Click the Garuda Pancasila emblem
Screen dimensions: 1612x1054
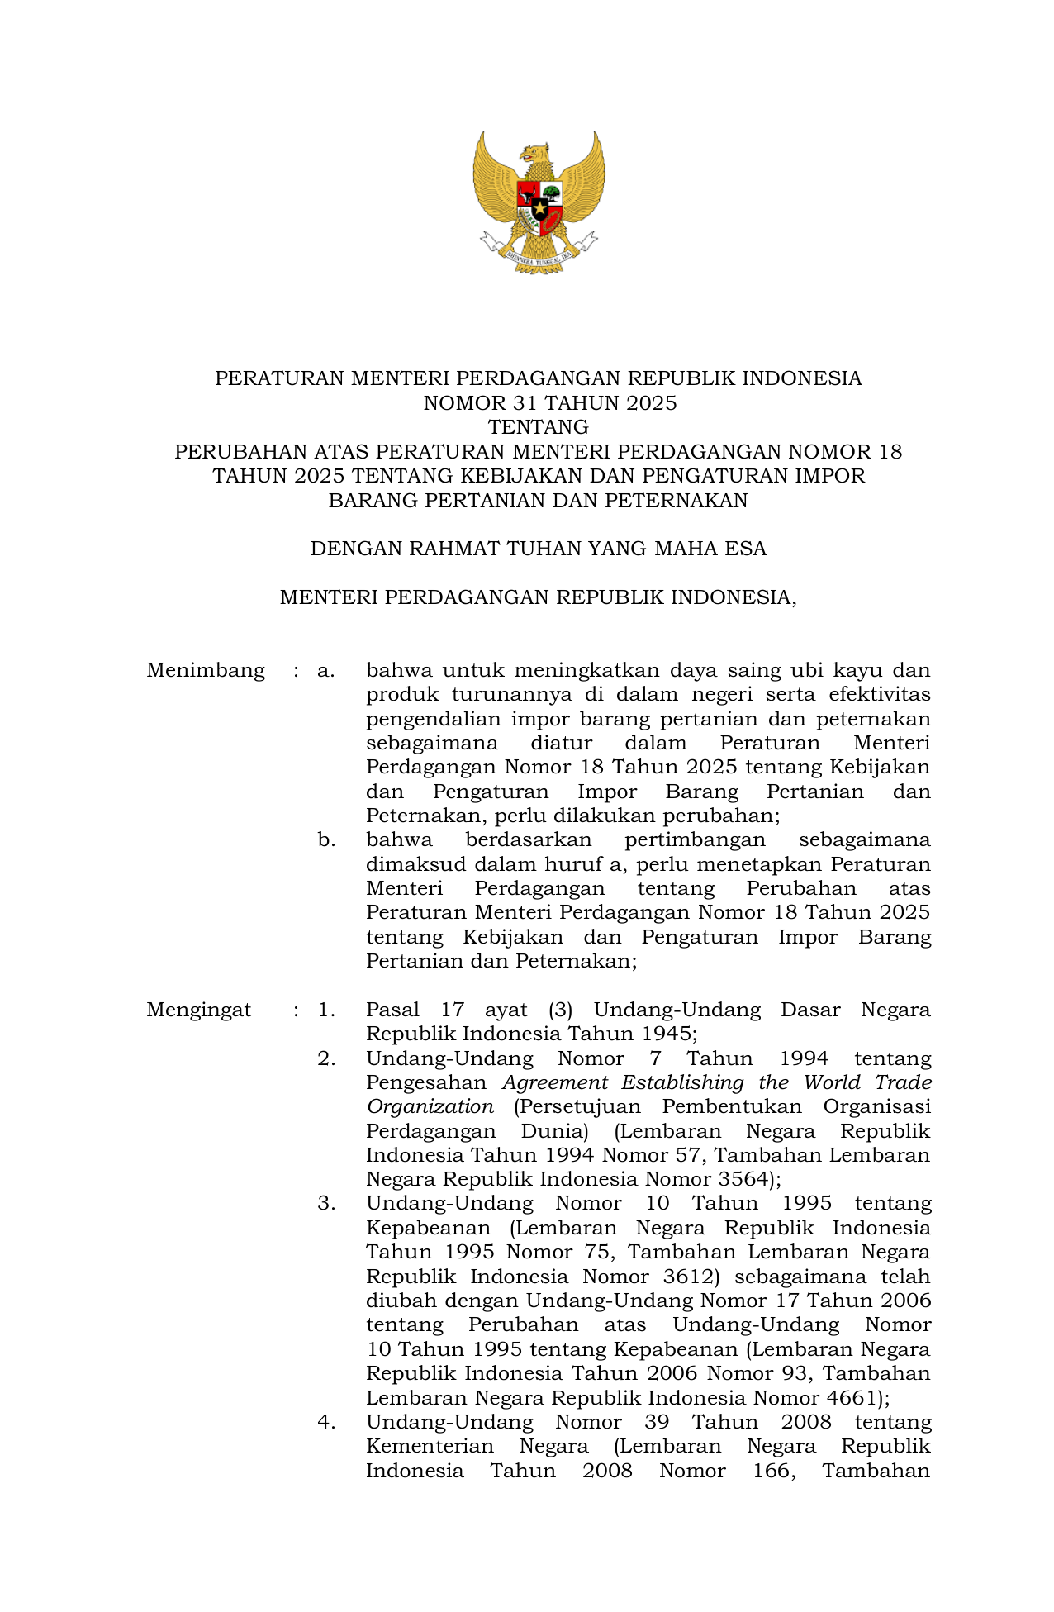(539, 202)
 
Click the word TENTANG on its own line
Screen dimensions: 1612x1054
(538, 427)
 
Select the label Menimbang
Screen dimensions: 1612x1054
(206, 670)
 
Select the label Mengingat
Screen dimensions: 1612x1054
(199, 1010)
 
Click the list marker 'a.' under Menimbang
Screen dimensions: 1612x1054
(326, 670)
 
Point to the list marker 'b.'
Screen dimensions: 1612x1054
(326, 840)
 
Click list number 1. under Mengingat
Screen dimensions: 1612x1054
(326, 1010)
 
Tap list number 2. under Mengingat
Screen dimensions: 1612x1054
(326, 1058)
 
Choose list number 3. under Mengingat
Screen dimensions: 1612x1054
(326, 1203)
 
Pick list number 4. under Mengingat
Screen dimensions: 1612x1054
(326, 1422)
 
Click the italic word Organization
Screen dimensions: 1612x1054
(430, 1106)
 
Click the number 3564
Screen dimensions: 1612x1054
(741, 1179)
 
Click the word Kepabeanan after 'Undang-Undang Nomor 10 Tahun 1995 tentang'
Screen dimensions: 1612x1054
(428, 1228)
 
